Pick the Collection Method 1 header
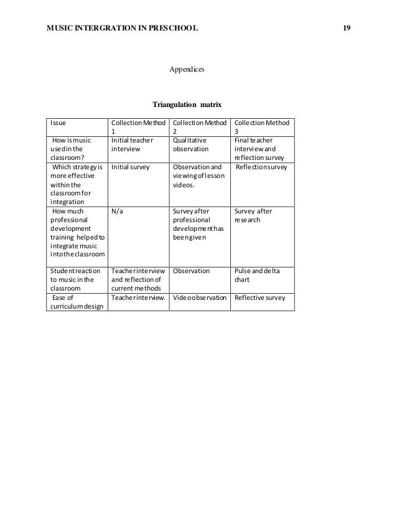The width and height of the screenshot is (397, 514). click(x=138, y=127)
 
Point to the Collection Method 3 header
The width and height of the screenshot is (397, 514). click(x=261, y=127)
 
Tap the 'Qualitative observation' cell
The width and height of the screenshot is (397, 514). click(x=190, y=145)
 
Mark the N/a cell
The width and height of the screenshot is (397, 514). click(x=117, y=211)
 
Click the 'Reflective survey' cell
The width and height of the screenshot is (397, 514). click(x=259, y=297)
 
